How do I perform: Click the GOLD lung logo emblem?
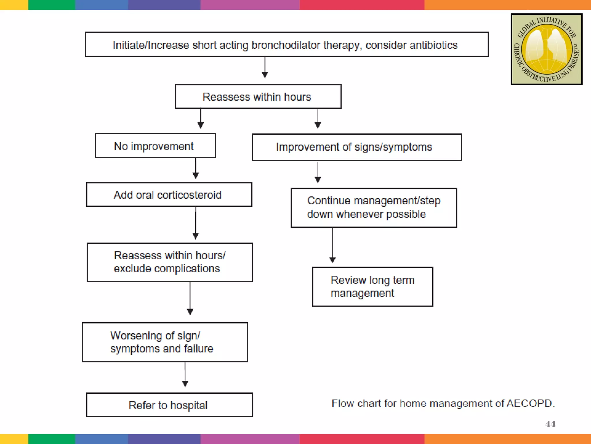click(x=546, y=49)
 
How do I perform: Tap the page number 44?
click(x=550, y=424)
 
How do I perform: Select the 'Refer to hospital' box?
click(x=169, y=405)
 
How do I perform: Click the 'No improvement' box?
click(x=155, y=146)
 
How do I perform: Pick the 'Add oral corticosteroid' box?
click(x=169, y=195)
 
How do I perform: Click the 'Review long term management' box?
click(x=373, y=286)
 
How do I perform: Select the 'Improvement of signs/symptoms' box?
click(x=357, y=147)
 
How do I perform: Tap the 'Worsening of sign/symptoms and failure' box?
click(x=165, y=342)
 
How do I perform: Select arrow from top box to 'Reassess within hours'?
click(x=265, y=68)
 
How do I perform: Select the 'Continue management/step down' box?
click(x=374, y=208)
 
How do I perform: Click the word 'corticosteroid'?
click(x=189, y=195)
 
